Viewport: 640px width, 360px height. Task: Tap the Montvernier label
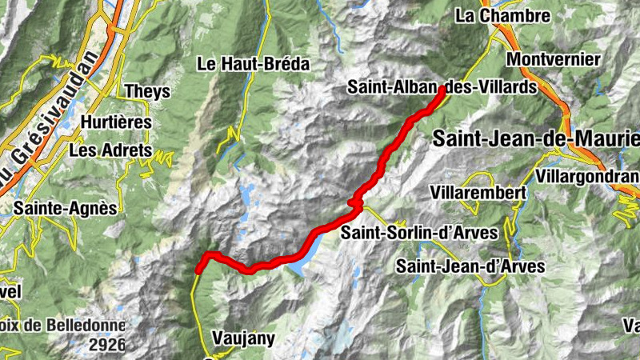tap(553, 60)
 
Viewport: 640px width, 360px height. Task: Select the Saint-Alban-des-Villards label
tap(439, 88)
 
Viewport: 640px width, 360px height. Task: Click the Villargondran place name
tap(588, 176)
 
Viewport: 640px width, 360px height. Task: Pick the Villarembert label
tap(477, 193)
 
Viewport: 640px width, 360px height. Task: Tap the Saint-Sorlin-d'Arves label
tap(418, 233)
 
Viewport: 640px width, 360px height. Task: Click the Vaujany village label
tap(244, 338)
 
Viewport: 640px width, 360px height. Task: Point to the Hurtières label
tap(117, 122)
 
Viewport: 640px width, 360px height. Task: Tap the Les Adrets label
tap(110, 150)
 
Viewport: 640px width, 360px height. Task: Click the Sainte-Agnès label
tap(66, 208)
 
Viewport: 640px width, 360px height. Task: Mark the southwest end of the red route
tap(198, 271)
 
